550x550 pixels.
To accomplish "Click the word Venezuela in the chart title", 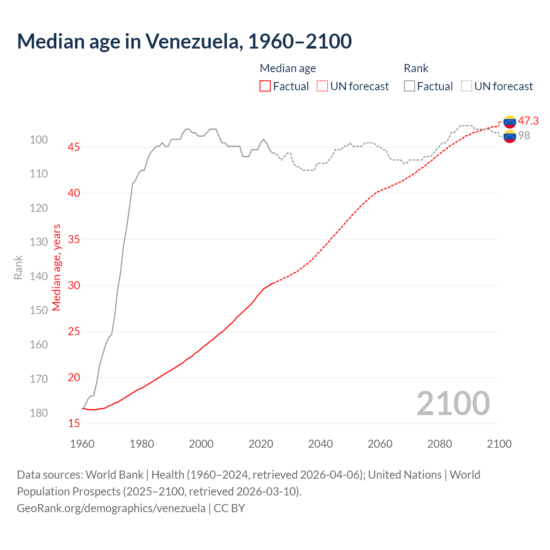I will tap(191, 41).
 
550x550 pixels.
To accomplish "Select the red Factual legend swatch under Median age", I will tap(265, 86).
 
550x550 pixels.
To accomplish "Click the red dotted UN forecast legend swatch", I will tap(322, 86).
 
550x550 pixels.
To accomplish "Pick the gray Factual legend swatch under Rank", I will tap(409, 86).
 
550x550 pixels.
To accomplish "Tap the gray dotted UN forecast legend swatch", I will tap(467, 86).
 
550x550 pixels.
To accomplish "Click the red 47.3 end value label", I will tap(528, 121).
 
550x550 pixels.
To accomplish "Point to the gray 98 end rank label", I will tap(524, 135).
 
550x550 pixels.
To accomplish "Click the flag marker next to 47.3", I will tap(510, 122).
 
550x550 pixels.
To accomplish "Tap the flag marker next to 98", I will tap(510, 137).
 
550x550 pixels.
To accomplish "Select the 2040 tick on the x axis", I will tap(320, 444).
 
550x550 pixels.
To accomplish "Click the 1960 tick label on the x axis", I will tap(82, 444).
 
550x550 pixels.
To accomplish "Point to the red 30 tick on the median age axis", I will tap(74, 285).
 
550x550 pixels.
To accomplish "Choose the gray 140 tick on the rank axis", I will tap(39, 276).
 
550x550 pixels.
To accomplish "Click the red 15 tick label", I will tap(74, 424).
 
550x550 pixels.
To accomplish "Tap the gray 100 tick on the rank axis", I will tap(39, 140).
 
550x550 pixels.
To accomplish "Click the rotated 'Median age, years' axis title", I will tap(57, 267).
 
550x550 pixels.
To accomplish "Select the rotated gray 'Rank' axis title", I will tap(18, 267).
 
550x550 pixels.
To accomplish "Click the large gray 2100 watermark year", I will tap(453, 403).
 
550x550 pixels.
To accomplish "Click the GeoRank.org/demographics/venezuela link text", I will tap(111, 508).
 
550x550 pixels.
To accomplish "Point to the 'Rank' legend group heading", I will tap(416, 68).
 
